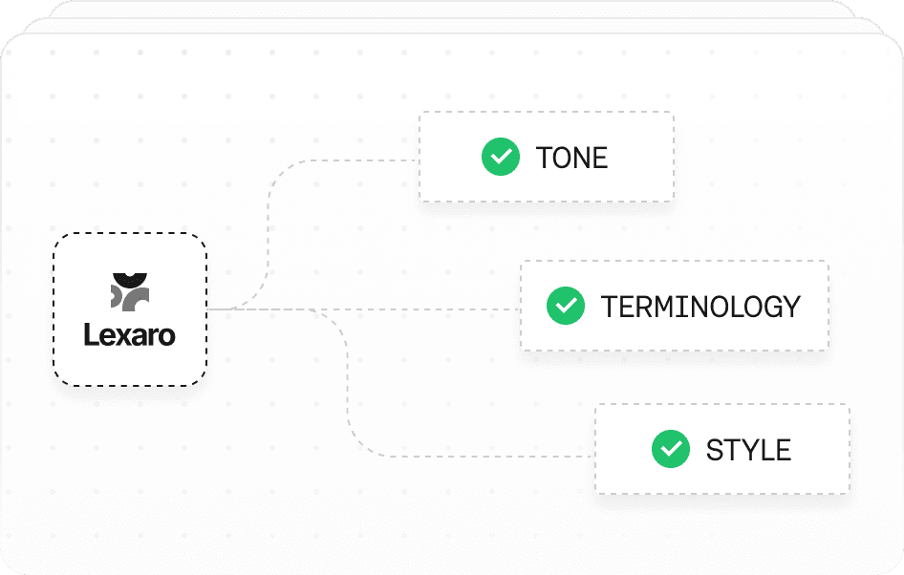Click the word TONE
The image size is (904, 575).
[x=571, y=158]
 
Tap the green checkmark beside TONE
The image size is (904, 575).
[x=501, y=157]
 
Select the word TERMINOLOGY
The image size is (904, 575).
[x=700, y=307]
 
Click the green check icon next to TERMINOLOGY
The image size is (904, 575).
[x=566, y=306]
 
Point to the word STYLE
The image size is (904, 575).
[x=748, y=450]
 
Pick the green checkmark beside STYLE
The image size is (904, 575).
[x=671, y=449]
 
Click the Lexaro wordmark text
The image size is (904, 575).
[x=130, y=334]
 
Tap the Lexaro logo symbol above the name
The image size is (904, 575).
[x=130, y=292]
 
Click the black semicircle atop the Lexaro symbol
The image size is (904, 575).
[x=130, y=280]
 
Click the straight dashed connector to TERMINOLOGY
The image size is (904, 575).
[x=363, y=309]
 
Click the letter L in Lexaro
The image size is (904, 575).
[x=92, y=334]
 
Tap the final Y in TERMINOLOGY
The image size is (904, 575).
[x=791, y=307]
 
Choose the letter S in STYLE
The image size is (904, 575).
[x=716, y=450]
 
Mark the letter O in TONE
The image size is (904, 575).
[x=564, y=158]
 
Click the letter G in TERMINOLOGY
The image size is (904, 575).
[x=770, y=307]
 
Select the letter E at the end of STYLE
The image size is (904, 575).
[x=783, y=450]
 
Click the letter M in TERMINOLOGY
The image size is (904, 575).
[x=665, y=307]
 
